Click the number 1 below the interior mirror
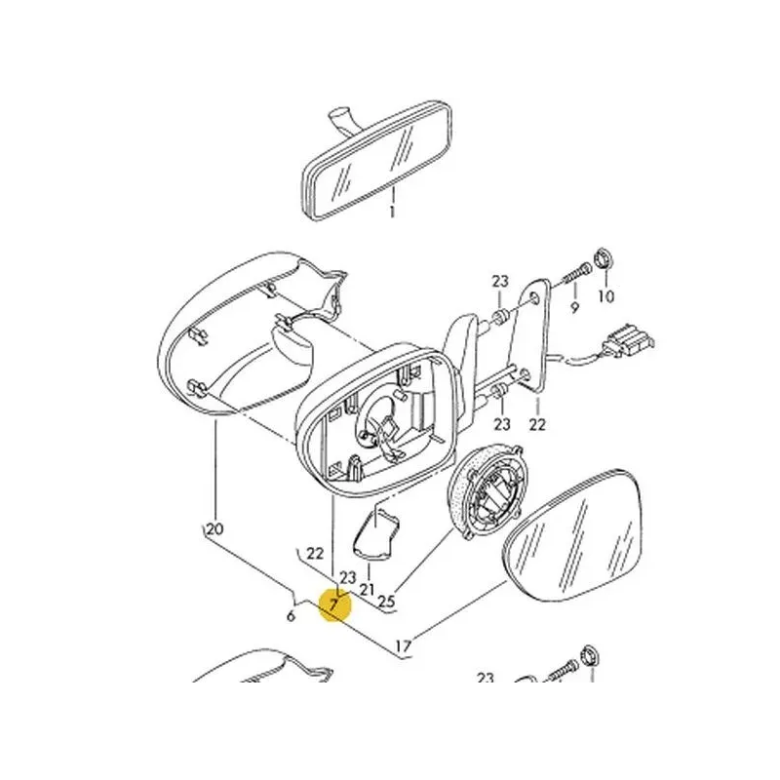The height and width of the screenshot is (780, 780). tap(392, 212)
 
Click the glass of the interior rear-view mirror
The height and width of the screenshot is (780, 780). tap(377, 160)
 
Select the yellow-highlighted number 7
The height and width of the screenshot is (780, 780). tap(333, 604)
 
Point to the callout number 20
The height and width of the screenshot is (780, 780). tap(214, 528)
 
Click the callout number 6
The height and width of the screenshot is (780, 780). tap(291, 616)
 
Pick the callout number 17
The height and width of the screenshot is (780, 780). tap(404, 646)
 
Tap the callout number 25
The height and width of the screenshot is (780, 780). tap(386, 602)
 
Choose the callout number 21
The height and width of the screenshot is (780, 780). tap(367, 590)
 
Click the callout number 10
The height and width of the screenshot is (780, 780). tap(605, 296)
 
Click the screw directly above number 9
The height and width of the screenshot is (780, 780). tap(576, 274)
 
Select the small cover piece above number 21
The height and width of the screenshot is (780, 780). tap(375, 532)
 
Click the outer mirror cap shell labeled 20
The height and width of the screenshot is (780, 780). tap(234, 338)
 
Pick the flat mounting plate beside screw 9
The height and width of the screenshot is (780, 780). tap(532, 334)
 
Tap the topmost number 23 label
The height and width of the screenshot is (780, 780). tap(500, 282)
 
